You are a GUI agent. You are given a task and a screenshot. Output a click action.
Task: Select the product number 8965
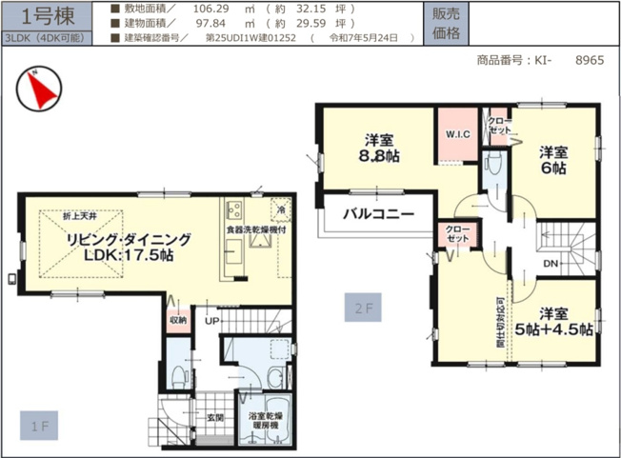tap(590, 59)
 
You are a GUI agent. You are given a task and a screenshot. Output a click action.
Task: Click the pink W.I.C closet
tap(459, 134)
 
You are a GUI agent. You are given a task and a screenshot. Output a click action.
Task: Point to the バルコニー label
tap(378, 214)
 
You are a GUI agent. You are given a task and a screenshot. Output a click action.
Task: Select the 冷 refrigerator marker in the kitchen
tap(282, 207)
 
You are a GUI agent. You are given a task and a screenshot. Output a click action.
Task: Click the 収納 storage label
tap(178, 321)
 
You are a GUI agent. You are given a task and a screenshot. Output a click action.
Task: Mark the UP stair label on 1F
tap(210, 322)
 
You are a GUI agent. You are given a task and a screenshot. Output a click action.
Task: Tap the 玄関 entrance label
tap(215, 417)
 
